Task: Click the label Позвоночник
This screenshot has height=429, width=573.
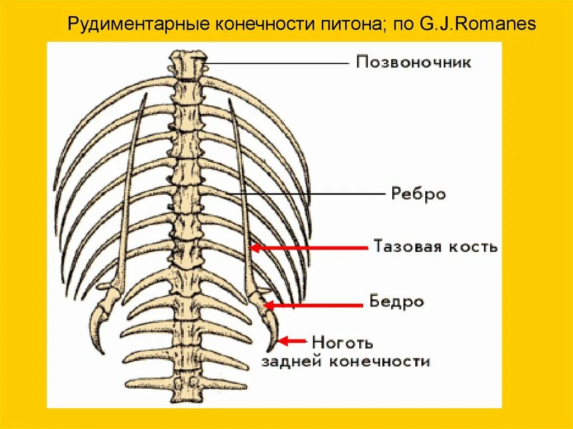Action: [x=414, y=62]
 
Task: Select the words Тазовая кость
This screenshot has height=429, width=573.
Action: [x=435, y=247]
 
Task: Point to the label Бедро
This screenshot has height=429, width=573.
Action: [x=396, y=302]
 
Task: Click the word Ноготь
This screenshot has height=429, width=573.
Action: [x=342, y=341]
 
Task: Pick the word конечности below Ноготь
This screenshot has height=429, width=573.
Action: [x=378, y=361]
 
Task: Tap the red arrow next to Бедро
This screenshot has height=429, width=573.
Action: [x=313, y=305]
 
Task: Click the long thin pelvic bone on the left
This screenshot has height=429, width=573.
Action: [x=131, y=185]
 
